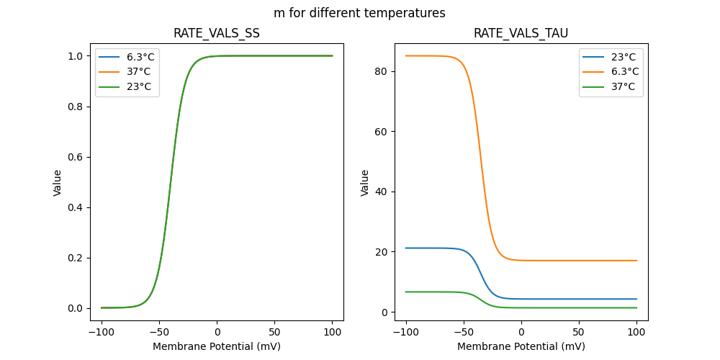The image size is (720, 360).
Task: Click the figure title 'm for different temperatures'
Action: pos(359,13)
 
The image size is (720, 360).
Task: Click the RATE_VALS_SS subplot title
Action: pos(217,33)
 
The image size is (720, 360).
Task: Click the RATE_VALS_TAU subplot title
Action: pos(521,33)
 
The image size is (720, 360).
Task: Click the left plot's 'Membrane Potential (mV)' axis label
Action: pos(217,346)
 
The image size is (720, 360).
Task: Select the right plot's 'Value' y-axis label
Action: pos(365,183)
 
